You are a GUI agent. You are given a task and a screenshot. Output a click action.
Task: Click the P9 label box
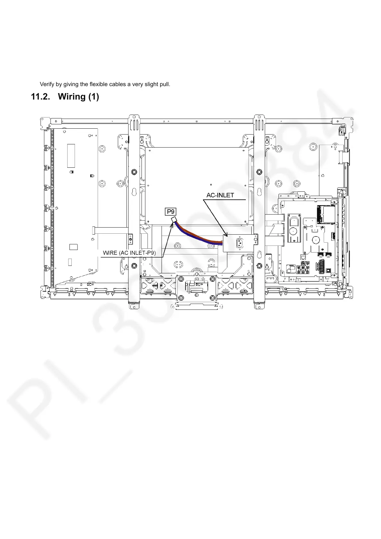(171, 212)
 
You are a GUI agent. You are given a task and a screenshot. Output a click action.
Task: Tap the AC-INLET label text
(220, 195)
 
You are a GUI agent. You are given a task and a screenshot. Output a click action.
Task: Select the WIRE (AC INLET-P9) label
(129, 253)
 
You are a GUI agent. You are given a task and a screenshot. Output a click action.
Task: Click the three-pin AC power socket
(239, 243)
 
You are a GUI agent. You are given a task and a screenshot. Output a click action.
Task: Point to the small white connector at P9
(174, 220)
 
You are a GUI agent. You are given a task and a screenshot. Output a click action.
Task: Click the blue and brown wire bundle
(199, 235)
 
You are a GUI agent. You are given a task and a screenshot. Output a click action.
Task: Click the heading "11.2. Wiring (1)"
(65, 97)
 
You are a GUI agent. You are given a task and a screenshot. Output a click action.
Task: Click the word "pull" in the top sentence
(165, 84)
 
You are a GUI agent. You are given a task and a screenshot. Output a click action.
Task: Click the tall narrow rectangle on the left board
(71, 156)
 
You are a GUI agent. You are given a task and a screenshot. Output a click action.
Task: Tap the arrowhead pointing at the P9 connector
(173, 223)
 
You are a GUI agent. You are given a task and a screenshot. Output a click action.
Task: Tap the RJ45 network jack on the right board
(303, 257)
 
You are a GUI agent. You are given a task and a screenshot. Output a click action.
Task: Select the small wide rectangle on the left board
(73, 247)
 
